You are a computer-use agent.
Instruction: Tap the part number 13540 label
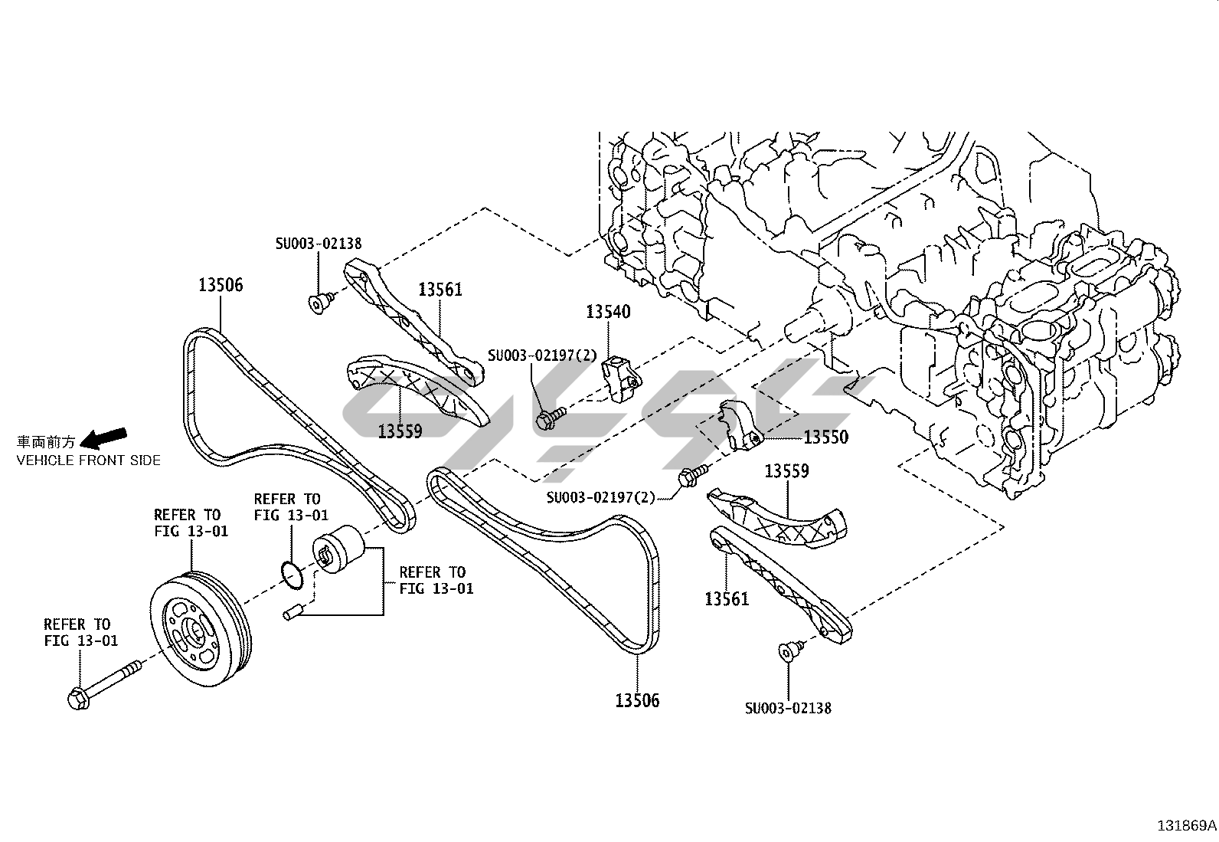pos(609,312)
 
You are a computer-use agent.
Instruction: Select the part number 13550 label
pos(825,437)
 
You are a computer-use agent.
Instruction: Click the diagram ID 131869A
pos(1186,826)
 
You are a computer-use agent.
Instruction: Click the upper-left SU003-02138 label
pos(319,244)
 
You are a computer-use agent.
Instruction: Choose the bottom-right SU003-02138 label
pos(788,708)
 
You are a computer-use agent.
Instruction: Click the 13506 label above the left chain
pos(221,285)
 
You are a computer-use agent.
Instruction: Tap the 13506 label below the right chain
pos(637,700)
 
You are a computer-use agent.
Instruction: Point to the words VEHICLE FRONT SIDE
pos(89,460)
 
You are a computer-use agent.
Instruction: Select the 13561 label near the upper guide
pos(440,290)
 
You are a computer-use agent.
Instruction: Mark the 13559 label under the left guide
pos(400,431)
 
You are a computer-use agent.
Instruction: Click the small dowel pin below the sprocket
pos(294,613)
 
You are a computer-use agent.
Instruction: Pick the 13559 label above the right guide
pos(787,470)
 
